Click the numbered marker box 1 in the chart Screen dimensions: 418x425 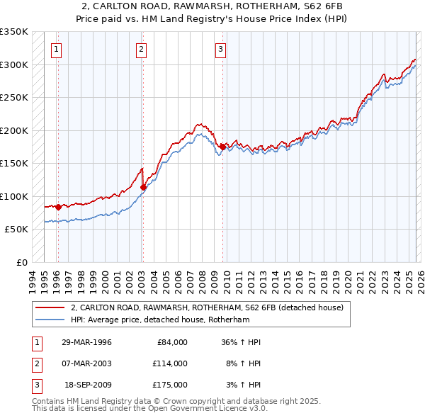[56, 49]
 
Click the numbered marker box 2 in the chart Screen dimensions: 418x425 [141, 49]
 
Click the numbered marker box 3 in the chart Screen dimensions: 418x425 [221, 49]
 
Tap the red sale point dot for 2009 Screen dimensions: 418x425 [222, 147]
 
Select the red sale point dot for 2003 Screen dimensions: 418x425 [143, 188]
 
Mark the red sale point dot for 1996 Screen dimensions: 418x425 [58, 207]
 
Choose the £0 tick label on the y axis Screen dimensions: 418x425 [21, 262]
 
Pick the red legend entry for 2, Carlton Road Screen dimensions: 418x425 [207, 307]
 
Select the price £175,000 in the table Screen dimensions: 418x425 [169, 385]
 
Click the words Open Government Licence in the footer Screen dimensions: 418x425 [201, 408]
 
